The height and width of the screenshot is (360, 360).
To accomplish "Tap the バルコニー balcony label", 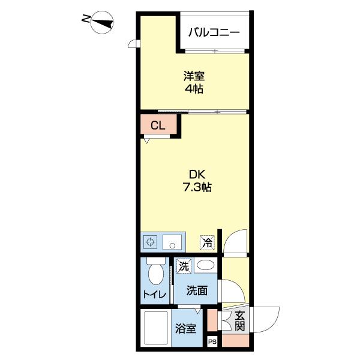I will (214, 33).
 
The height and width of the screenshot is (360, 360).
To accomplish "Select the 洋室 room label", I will (194, 77).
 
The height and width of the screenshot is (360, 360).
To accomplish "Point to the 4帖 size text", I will (194, 90).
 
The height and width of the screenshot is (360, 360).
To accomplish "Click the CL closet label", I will (157, 125).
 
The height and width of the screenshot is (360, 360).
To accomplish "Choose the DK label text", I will (197, 174).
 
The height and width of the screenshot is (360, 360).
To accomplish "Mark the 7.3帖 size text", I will (197, 187).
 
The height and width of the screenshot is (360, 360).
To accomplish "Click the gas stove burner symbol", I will (151, 242).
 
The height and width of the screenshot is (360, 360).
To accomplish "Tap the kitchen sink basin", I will (172, 242).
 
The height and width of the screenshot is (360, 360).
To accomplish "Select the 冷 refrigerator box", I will (207, 242).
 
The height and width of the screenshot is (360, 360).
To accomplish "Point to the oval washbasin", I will (205, 266).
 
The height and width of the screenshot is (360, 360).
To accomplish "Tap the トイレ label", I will (154, 295).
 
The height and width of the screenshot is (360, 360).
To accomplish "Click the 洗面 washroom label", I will (197, 291).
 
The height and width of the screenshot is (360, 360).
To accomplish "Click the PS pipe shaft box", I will (212, 341).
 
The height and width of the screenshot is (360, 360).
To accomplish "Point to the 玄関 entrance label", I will (239, 321).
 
